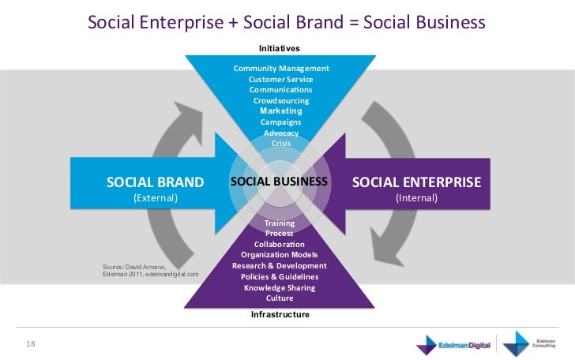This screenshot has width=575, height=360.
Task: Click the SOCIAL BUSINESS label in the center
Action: tap(279, 182)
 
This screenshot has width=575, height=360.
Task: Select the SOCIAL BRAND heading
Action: tap(155, 183)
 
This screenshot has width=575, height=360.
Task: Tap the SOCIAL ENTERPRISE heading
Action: tap(416, 183)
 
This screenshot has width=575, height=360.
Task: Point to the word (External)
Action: tap(155, 198)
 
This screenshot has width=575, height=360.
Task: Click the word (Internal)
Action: tap(416, 198)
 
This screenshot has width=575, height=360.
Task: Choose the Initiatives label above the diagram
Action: tap(280, 49)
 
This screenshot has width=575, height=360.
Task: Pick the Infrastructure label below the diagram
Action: tap(280, 314)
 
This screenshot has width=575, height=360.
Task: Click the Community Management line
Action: tap(281, 69)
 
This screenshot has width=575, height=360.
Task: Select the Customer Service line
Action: tap(280, 80)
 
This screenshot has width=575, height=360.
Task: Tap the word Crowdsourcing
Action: tap(280, 101)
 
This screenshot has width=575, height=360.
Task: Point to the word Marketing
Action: tap(281, 111)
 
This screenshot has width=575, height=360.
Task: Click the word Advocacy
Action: tap(280, 133)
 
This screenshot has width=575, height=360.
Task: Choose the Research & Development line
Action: tap(280, 266)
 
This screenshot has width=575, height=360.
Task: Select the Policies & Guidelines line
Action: tap(280, 277)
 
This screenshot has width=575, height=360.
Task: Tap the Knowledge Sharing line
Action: tap(280, 288)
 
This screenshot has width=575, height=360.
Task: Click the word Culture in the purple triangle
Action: tap(280, 298)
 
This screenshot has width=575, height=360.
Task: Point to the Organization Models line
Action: tap(280, 255)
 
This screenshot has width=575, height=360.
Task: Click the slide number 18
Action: tap(32, 343)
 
